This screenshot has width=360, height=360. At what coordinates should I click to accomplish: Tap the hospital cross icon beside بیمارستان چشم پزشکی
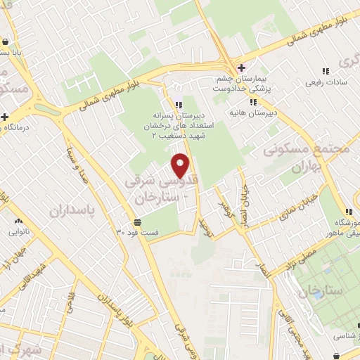click(x=241, y=68)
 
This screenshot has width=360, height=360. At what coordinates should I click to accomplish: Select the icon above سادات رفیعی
click(x=325, y=71)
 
